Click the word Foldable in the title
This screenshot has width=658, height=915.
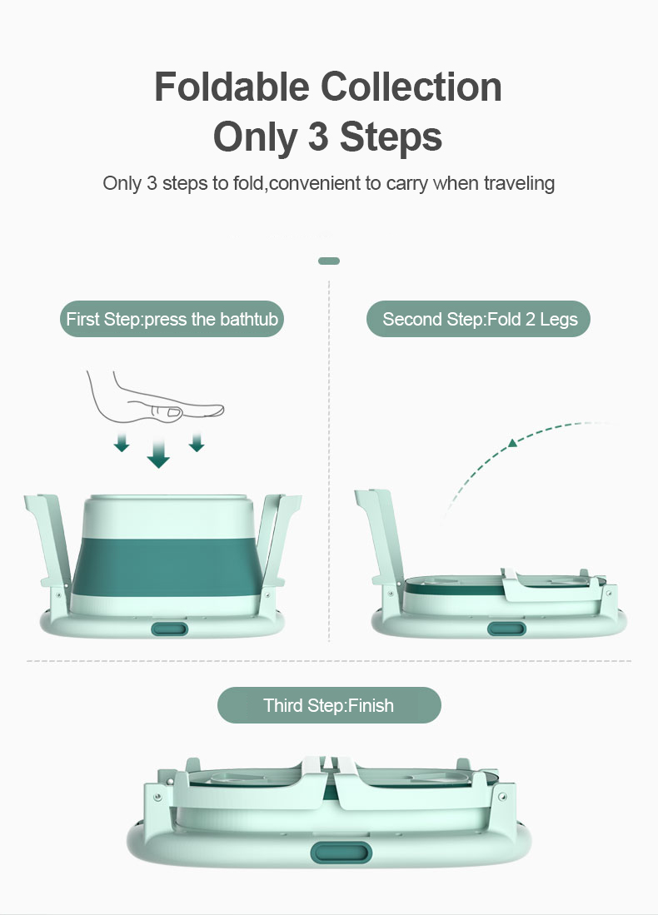pos(232,87)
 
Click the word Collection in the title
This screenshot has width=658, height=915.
pos(411,87)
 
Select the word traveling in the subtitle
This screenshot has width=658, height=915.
pos(519,184)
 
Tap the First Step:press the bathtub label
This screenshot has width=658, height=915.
pos(172,319)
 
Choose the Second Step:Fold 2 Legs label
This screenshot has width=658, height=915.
pos(479,319)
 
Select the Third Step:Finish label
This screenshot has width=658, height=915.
pos(329,705)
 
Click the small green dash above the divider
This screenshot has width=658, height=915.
pos(329,261)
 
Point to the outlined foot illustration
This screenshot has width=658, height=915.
pos(155,400)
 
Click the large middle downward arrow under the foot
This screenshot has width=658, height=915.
pos(158,454)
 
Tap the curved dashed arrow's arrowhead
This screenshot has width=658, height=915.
pos(512,443)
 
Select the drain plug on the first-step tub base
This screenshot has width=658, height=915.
pos(170,629)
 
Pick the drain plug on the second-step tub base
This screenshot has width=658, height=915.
pos(506,629)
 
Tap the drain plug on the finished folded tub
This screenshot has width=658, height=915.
pos(341,853)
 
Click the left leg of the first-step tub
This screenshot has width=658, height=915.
pos(50,545)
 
